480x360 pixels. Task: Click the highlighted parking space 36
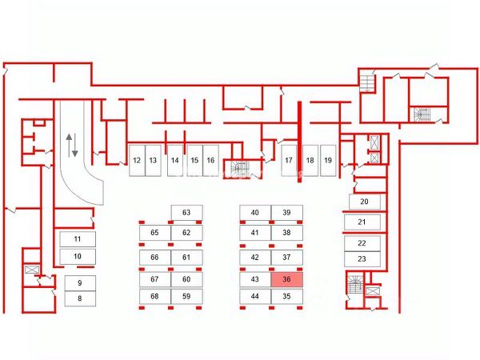pos(286,280)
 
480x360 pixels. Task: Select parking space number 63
pos(186,213)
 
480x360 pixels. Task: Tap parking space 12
pos(137,160)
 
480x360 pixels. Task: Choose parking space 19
pos(328,160)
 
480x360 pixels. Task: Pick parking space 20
pos(363,202)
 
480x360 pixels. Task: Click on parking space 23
pos(362,258)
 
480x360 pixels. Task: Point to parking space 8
pos(79,298)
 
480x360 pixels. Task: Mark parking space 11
pos(78,239)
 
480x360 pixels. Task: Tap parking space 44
pos(255,296)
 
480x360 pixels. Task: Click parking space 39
pos(286,213)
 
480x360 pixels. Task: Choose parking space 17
pos(289,160)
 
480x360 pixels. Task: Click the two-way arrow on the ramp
pos(72,146)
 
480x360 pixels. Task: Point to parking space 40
pos(255,213)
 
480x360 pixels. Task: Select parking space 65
pos(155,233)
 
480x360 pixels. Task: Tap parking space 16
pos(210,160)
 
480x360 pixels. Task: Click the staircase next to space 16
pos(238,170)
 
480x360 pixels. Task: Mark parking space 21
pos(362,222)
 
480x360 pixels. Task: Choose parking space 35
pos(286,296)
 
